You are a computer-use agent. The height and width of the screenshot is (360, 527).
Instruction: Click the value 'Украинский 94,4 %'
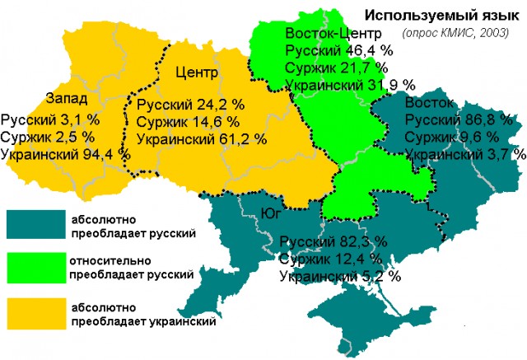pyautogui.click(x=66, y=153)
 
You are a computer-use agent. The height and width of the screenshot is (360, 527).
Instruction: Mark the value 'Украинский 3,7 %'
pyautogui.click(x=465, y=154)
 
